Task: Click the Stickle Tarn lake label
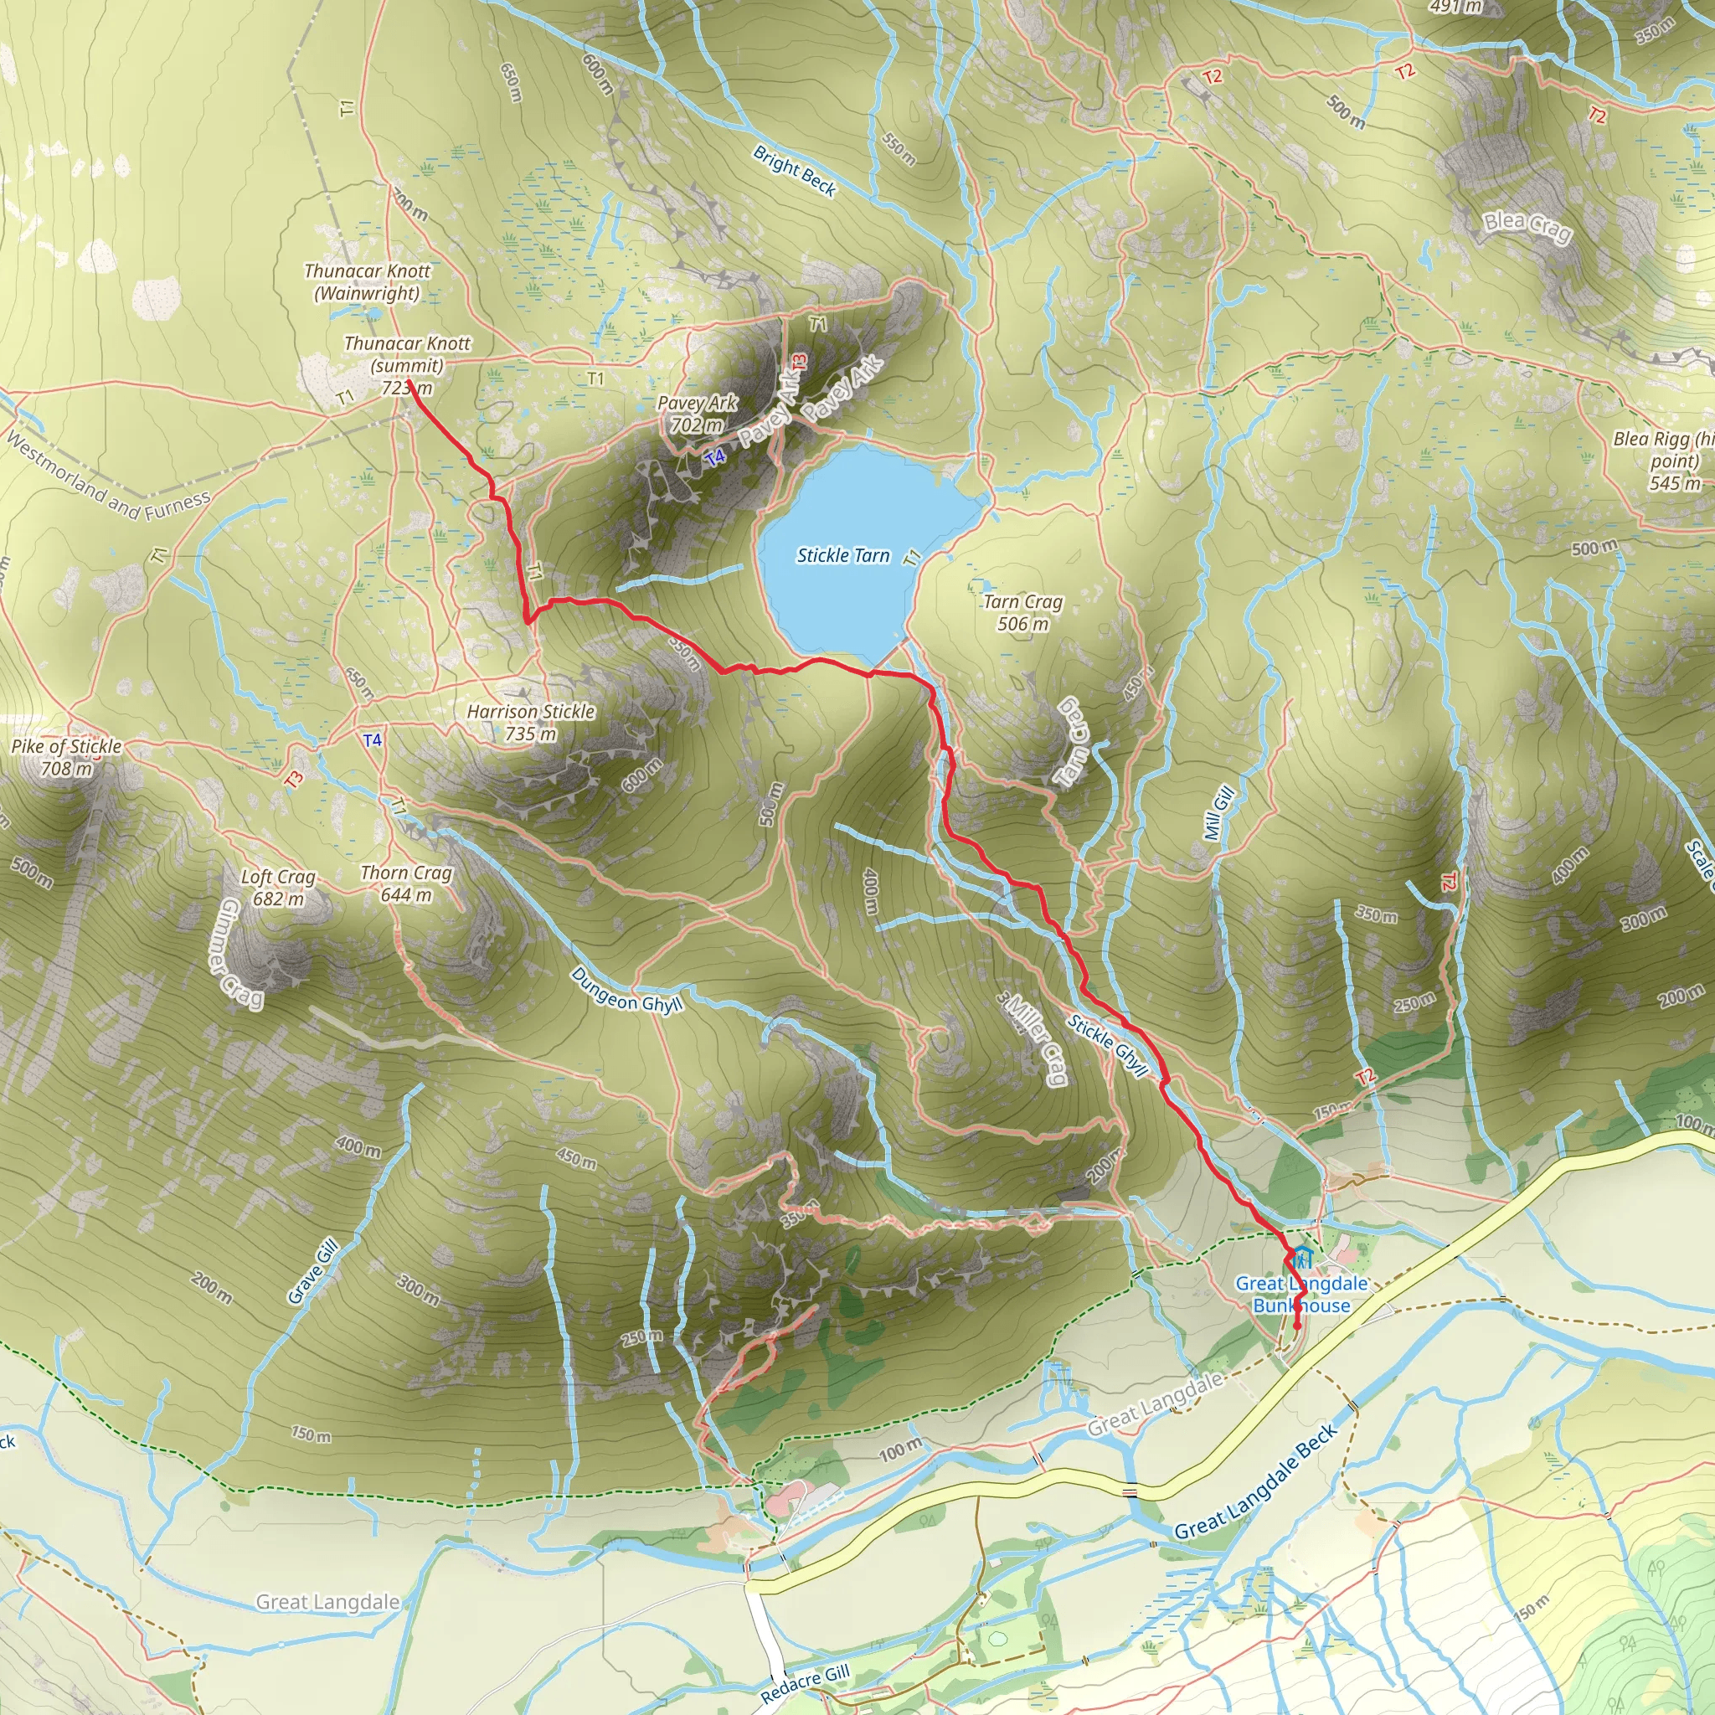point(842,556)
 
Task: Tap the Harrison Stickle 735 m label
point(531,723)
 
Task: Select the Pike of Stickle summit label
point(67,757)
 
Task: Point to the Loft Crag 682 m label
point(278,888)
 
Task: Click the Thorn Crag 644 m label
point(406,884)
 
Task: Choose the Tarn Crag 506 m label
point(1022,612)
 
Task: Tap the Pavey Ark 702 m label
point(697,414)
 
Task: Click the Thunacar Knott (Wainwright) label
point(367,282)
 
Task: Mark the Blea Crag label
point(1527,227)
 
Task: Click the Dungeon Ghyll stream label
point(626,991)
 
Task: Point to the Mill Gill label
point(1218,813)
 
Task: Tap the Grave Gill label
point(313,1272)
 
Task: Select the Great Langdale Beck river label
point(1255,1482)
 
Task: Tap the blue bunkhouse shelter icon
point(1301,1258)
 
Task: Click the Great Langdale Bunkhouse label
point(1301,1295)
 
